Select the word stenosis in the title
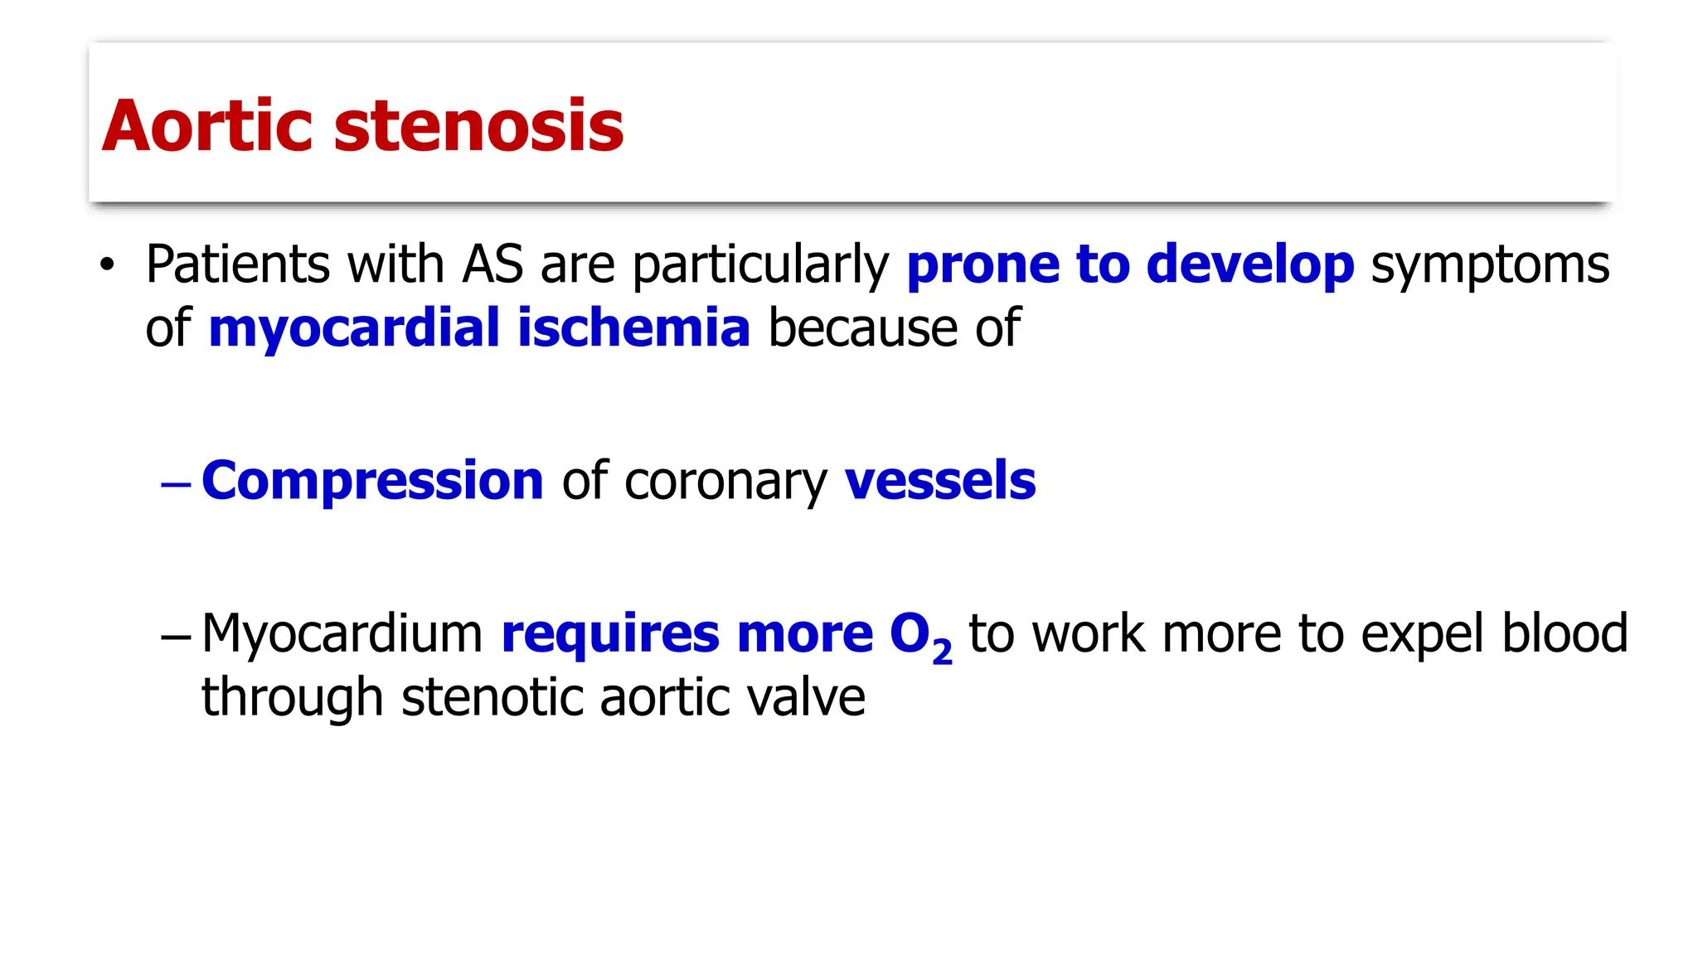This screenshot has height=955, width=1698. pos(478,126)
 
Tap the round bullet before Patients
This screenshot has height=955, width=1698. pos(106,266)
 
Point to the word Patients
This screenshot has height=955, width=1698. pos(238,264)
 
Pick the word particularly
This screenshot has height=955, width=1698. pos(760,266)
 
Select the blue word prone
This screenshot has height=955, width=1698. pos(982,266)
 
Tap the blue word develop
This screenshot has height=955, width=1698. pos(1250,266)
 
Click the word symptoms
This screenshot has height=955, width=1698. pos(1490,266)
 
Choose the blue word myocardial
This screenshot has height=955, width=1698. pos(354,328)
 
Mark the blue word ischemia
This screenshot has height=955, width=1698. pos(633,327)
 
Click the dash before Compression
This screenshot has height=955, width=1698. pos(176,482)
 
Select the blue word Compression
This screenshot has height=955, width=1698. pos(372,482)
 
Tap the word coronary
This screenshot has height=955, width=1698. pos(725,482)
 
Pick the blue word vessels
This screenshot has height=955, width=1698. pos(940,480)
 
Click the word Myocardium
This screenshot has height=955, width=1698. pos(342,635)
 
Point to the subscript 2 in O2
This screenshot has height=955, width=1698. pos(942,653)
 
